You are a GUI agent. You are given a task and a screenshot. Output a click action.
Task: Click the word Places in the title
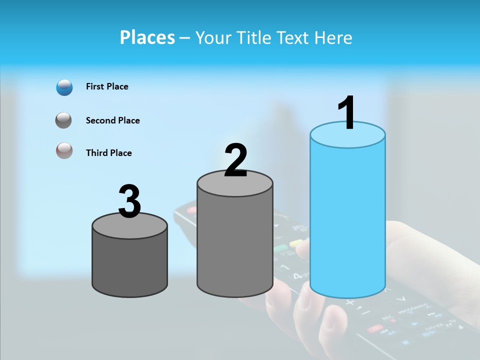click(147, 37)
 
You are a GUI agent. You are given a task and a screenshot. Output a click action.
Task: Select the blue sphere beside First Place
click(64, 87)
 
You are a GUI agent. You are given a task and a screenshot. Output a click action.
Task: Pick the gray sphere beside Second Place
click(64, 120)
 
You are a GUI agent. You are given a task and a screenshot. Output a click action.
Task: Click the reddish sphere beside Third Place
click(64, 150)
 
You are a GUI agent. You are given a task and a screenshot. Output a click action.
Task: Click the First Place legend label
click(107, 86)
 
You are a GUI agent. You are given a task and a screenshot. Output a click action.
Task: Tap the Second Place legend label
click(112, 120)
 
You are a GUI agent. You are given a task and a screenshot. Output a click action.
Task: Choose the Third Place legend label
click(108, 153)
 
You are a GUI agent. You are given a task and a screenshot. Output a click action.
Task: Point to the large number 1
click(347, 113)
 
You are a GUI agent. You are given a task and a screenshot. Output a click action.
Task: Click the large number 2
click(235, 160)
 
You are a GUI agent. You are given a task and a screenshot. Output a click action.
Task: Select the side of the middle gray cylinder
click(235, 245)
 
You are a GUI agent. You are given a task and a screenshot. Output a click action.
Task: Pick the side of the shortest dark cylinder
click(130, 265)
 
